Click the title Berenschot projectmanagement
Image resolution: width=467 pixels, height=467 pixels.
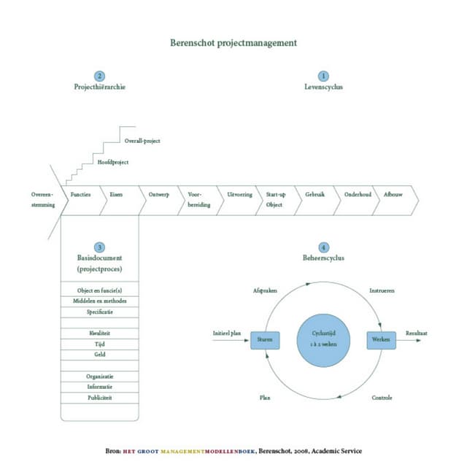click(x=233, y=42)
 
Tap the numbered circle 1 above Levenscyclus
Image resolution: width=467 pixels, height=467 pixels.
click(x=323, y=76)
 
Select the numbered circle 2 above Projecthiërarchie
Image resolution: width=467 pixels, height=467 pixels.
click(x=100, y=76)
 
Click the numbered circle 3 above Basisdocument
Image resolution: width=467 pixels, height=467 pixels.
click(x=100, y=247)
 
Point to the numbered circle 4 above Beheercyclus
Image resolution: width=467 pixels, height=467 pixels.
click(x=323, y=247)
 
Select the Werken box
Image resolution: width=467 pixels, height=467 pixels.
click(x=381, y=339)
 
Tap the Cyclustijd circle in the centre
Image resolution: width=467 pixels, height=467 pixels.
click(x=323, y=339)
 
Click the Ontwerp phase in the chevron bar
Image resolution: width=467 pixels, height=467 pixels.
click(x=159, y=196)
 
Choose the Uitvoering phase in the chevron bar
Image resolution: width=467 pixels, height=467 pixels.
click(x=239, y=196)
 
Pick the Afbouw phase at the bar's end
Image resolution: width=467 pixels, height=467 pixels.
click(x=394, y=196)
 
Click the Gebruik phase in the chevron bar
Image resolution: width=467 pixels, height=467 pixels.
click(x=315, y=196)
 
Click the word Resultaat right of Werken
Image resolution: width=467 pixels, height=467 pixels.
click(x=417, y=333)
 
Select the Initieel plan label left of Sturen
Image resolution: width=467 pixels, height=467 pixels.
click(x=227, y=333)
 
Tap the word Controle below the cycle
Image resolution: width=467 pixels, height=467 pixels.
click(x=382, y=398)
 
